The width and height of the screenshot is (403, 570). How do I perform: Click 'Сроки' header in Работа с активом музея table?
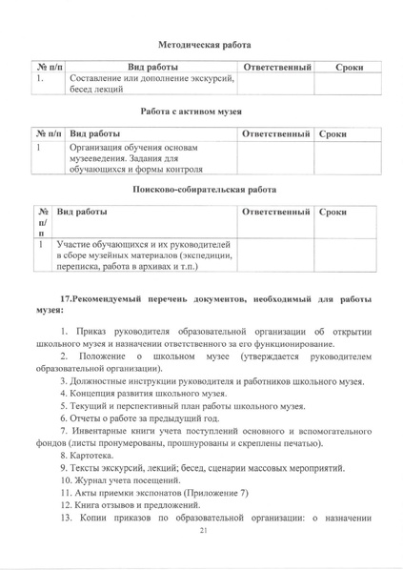[x=334, y=133]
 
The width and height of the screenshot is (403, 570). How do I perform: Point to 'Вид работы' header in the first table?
[x=152, y=69]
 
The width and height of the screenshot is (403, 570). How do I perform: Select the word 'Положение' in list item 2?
[x=105, y=356]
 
